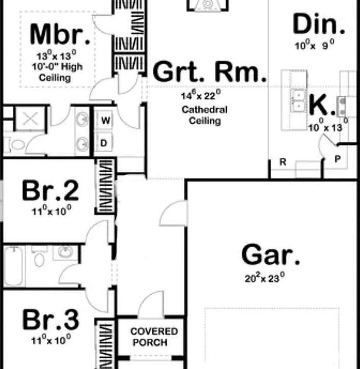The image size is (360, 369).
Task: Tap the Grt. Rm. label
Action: click(x=210, y=73)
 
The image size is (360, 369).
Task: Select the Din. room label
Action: click(x=318, y=24)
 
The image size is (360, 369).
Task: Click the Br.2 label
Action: click(x=50, y=191)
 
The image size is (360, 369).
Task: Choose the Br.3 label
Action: click(x=51, y=320)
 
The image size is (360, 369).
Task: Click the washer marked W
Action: click(x=105, y=121)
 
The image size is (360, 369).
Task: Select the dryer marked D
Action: click(x=104, y=143)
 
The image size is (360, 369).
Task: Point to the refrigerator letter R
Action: click(x=282, y=162)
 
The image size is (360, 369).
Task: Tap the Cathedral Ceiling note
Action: click(x=205, y=115)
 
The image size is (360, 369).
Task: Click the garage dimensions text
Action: click(x=265, y=279)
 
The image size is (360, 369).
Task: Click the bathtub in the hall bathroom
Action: click(x=15, y=266)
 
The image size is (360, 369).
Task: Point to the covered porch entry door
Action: click(x=152, y=305)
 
